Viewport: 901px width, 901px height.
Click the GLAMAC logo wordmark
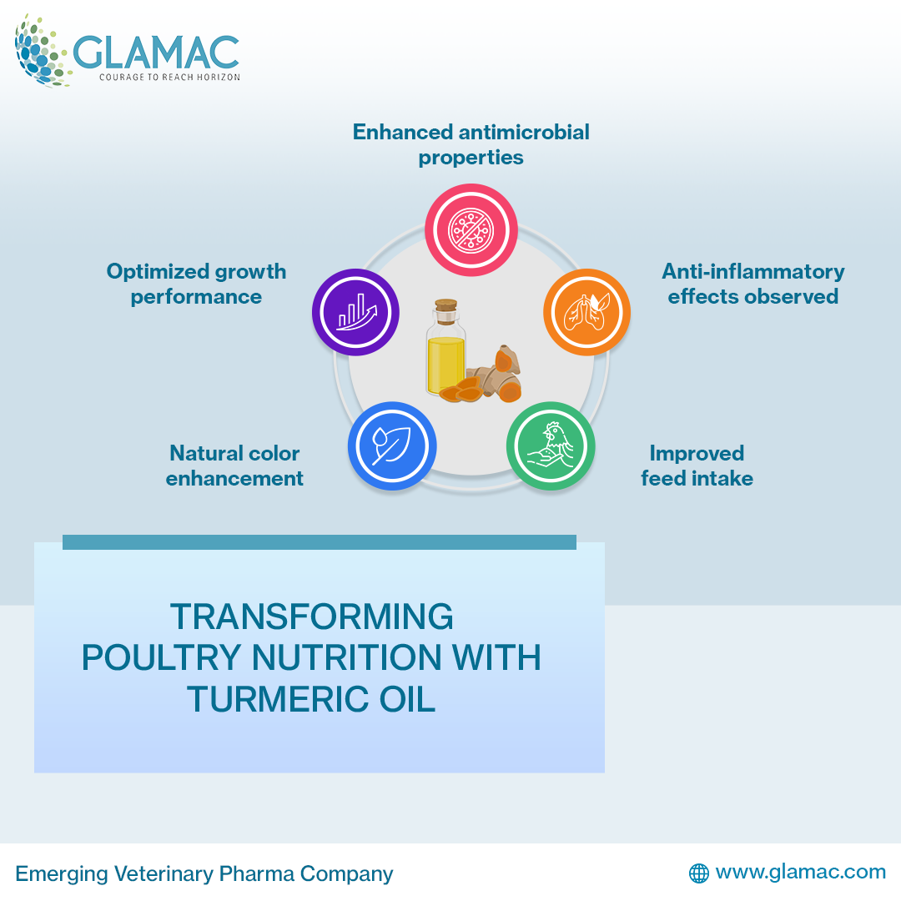point(156,52)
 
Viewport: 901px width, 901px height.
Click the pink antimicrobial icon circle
point(471,229)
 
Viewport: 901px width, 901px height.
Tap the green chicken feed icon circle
point(551,445)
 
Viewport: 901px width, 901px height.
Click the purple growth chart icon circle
point(355,313)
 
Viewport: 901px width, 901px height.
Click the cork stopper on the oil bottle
point(446,309)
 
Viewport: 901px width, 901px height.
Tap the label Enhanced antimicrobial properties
point(471,144)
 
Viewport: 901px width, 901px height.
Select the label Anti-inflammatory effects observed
point(753,284)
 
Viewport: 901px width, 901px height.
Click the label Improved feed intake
point(697,466)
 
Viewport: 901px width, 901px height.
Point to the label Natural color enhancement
point(234,466)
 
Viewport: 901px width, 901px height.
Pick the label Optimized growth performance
point(196,284)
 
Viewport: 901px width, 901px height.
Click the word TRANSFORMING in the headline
point(312,617)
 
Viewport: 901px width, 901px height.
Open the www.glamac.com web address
point(800,872)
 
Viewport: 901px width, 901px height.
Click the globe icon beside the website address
point(698,873)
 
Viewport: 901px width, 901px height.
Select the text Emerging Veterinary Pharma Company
point(204,873)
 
